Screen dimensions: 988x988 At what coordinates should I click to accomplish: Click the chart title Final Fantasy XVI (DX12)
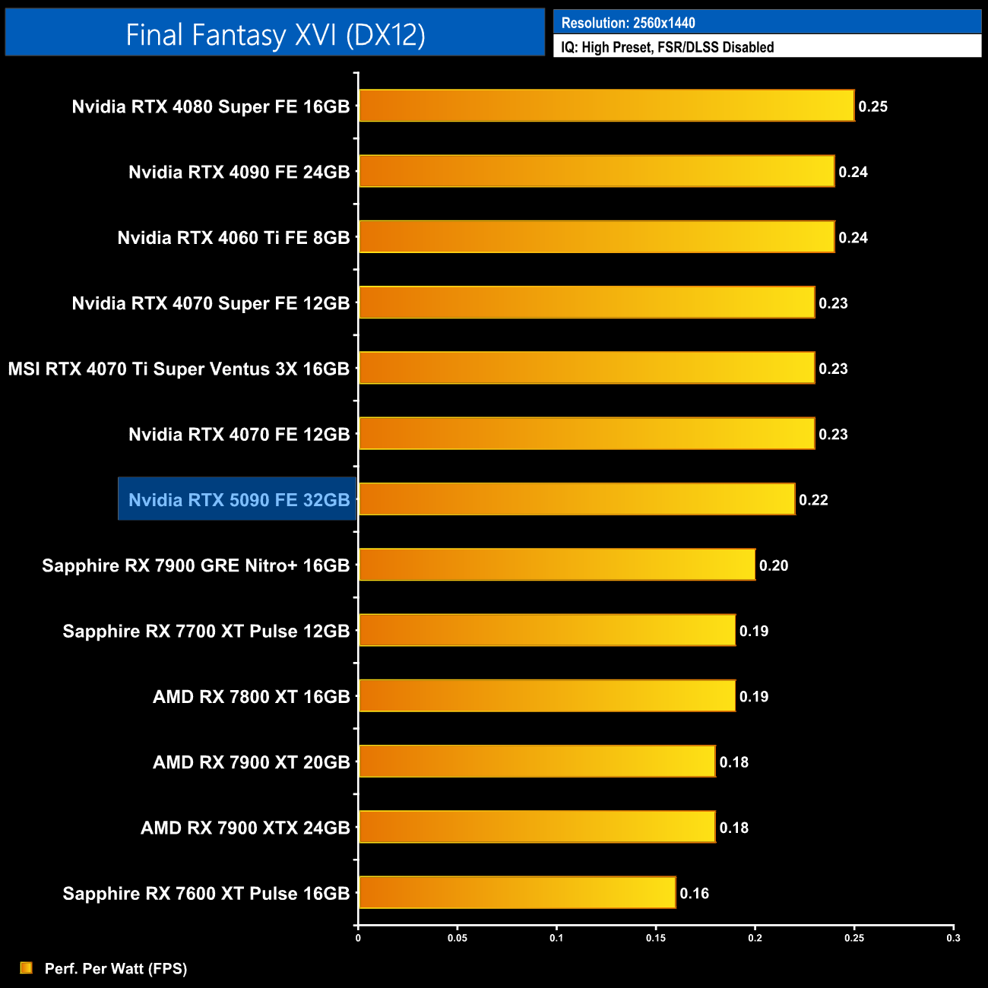275,35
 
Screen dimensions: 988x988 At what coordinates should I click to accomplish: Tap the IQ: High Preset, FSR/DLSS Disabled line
667,47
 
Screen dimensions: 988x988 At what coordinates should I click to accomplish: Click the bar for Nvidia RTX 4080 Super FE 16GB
606,106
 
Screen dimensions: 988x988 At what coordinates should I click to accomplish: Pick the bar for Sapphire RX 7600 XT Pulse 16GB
517,892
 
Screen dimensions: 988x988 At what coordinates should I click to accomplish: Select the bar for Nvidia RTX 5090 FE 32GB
577,499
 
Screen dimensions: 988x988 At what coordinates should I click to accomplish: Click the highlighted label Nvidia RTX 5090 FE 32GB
238,499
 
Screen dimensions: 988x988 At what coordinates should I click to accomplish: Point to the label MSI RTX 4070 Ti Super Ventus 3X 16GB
179,369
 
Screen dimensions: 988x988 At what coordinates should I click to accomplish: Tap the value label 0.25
872,106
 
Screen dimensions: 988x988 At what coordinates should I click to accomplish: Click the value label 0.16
694,893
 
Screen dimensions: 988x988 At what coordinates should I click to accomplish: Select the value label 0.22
813,500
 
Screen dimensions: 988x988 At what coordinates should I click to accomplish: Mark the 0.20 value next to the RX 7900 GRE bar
774,565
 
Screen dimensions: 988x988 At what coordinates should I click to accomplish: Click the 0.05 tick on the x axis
458,938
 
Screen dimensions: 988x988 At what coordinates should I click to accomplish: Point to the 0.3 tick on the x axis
953,938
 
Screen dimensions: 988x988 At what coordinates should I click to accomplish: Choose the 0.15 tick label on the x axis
656,938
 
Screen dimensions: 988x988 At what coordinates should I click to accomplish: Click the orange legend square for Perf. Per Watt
27,967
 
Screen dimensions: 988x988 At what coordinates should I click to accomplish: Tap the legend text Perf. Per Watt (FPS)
116,968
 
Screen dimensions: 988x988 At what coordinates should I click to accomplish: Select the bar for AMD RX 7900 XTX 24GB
537,827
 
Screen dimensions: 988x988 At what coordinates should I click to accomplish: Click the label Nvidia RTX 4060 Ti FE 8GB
233,238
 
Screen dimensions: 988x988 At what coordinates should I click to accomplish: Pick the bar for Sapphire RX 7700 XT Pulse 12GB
547,630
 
